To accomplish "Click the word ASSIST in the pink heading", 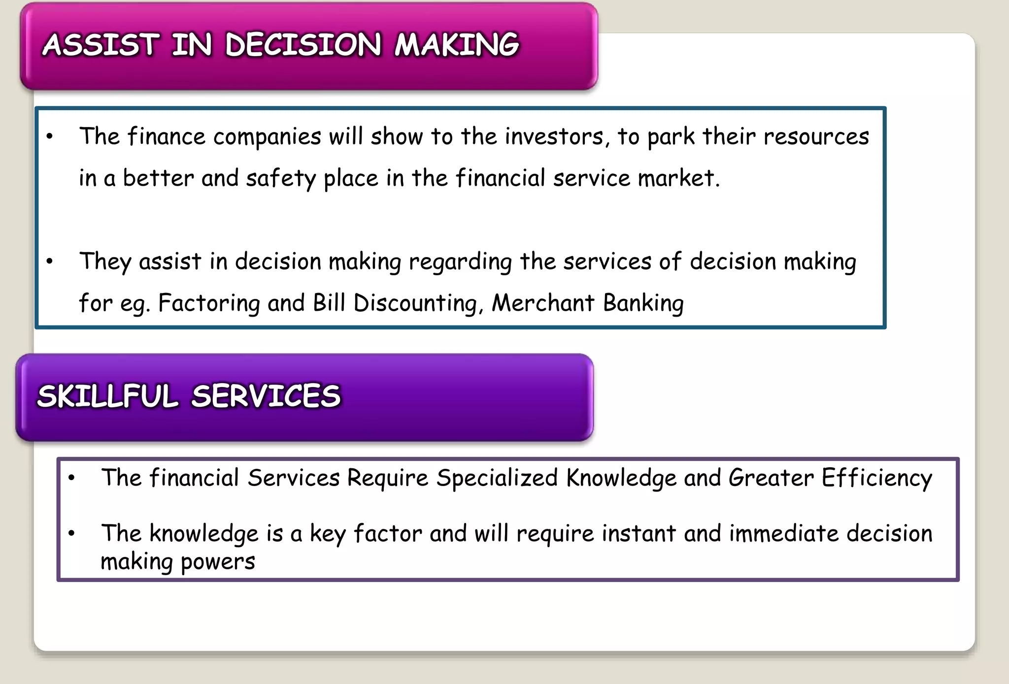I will coord(101,45).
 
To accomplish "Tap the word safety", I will coord(280,178).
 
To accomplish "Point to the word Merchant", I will coord(543,303).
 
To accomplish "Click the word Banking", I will coord(643,303).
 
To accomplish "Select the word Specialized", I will coord(497,478).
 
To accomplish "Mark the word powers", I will coord(218,562).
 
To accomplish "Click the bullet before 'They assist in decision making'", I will coord(49,261).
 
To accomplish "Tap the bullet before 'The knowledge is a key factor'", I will coord(71,533).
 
